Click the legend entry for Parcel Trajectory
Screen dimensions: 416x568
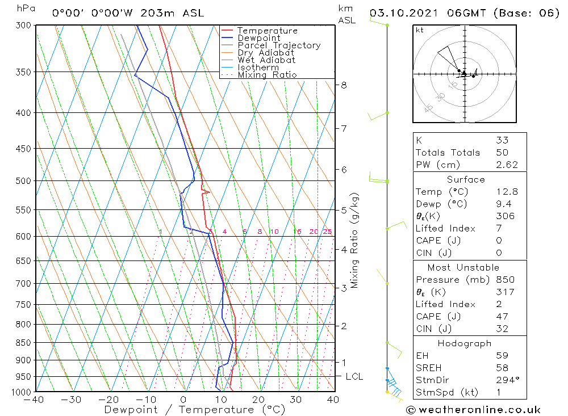279,45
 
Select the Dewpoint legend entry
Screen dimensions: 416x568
258,38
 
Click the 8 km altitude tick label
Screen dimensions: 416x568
344,85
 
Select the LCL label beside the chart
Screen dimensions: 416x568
354,377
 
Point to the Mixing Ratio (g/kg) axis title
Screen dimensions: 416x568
355,241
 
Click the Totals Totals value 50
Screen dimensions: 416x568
502,152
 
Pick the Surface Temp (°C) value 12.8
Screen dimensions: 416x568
506,192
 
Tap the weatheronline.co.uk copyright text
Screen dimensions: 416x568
473,409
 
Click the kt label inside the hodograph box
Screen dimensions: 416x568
420,30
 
